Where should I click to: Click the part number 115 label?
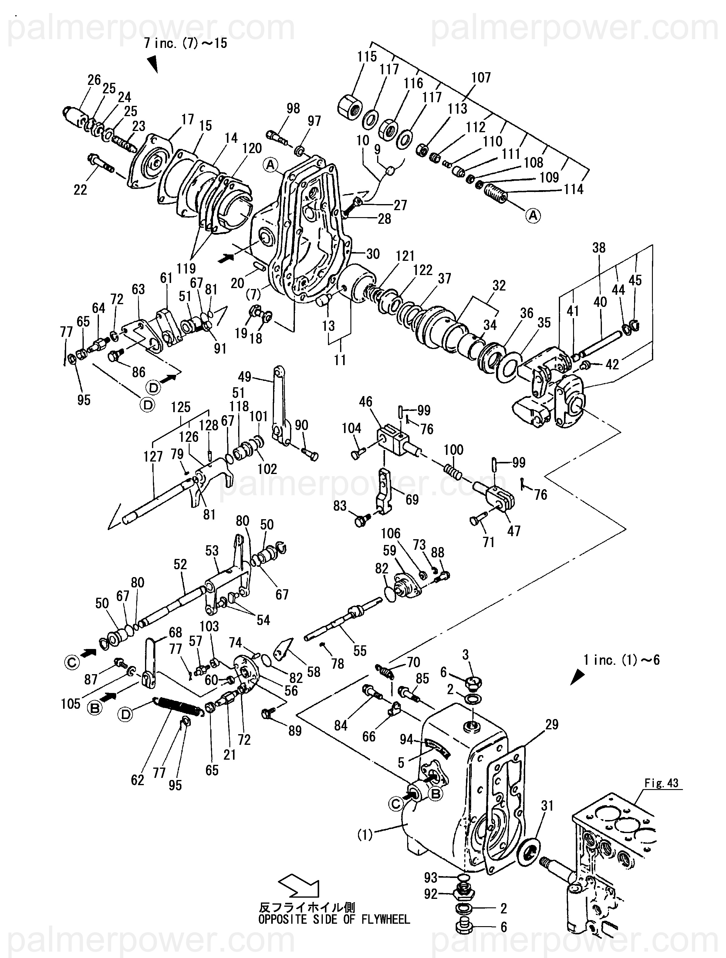[x=367, y=57]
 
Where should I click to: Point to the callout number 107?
[x=481, y=78]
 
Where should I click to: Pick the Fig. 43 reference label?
[x=661, y=783]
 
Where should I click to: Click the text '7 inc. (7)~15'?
[x=185, y=43]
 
